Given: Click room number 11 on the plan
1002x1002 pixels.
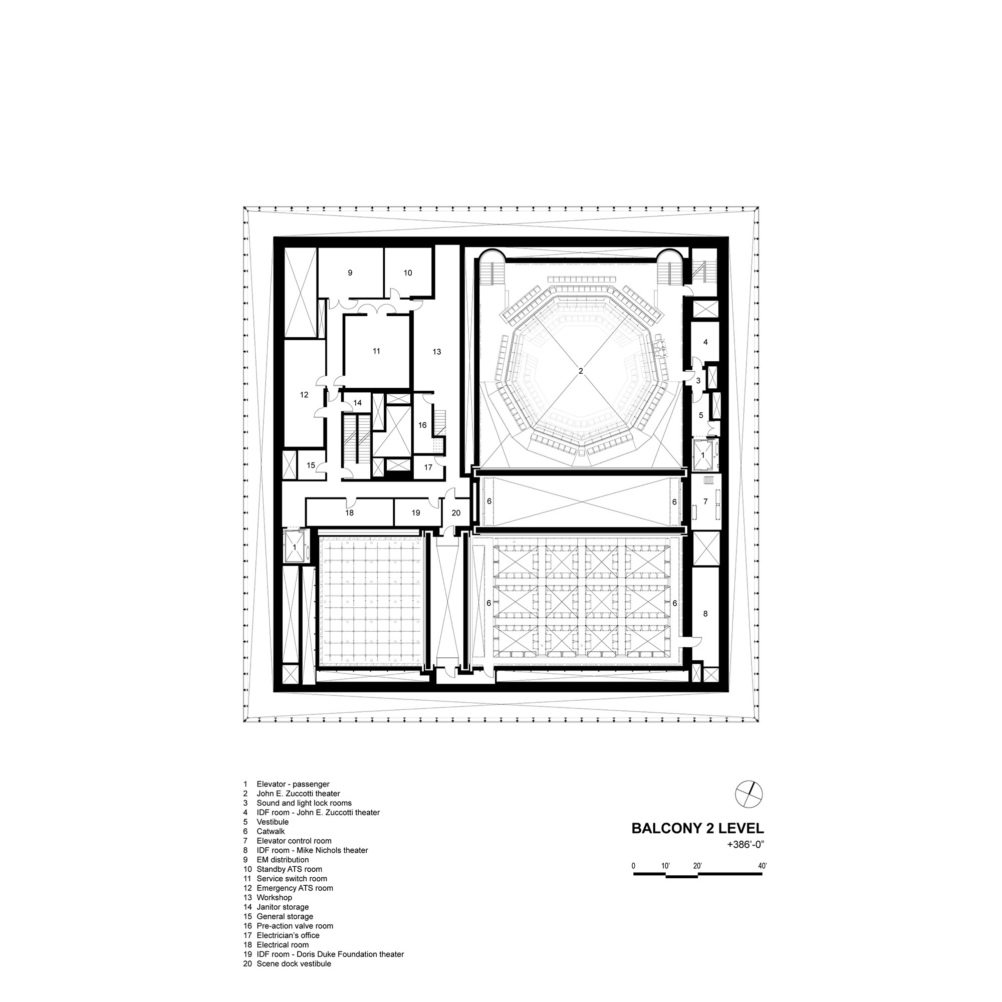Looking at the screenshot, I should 377,351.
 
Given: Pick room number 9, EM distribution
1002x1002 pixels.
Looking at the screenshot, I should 350,273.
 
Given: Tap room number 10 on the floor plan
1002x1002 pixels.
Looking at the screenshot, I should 408,273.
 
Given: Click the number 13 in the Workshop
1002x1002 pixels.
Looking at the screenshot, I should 437,352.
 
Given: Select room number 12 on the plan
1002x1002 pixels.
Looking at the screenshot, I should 304,395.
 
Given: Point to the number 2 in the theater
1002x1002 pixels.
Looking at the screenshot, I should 581,371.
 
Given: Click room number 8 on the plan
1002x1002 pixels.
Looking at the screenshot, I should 705,614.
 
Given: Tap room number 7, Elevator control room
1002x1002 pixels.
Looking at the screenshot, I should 705,502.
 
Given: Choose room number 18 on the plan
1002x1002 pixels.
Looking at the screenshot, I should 350,513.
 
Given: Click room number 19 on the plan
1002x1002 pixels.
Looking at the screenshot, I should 415,513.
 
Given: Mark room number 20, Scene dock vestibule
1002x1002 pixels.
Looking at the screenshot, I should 456,513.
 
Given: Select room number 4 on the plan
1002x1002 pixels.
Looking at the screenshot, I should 705,342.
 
